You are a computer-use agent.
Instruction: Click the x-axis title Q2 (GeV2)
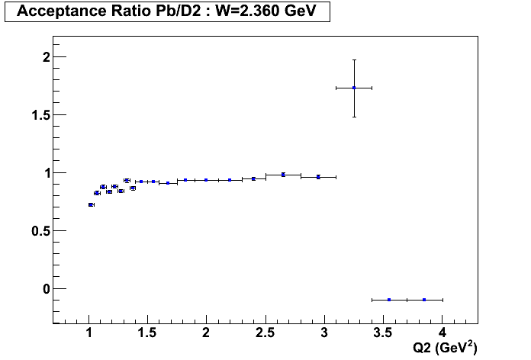(x=444, y=349)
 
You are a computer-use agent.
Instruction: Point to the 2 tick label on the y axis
(x=47, y=57)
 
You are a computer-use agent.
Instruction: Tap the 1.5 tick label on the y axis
(x=41, y=115)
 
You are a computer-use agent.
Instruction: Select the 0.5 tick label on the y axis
(x=41, y=231)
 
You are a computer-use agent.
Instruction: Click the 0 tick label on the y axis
(x=47, y=289)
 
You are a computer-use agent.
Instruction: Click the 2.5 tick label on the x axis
(x=265, y=333)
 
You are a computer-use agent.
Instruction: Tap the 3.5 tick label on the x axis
(x=383, y=333)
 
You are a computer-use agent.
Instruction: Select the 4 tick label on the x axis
(x=443, y=333)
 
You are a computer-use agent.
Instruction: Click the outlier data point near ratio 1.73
(x=354, y=88)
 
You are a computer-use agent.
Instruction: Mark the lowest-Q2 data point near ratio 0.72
(x=91, y=204)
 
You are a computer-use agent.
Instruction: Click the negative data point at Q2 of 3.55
(x=389, y=300)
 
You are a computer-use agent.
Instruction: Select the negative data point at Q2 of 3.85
(x=424, y=300)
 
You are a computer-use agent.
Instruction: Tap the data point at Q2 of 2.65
(x=283, y=175)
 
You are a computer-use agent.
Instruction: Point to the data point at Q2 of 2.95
(x=318, y=177)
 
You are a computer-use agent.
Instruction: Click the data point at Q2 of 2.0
(x=206, y=180)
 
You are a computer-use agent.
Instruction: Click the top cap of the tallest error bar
(x=354, y=59)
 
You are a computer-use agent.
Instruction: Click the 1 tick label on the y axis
(x=47, y=173)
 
